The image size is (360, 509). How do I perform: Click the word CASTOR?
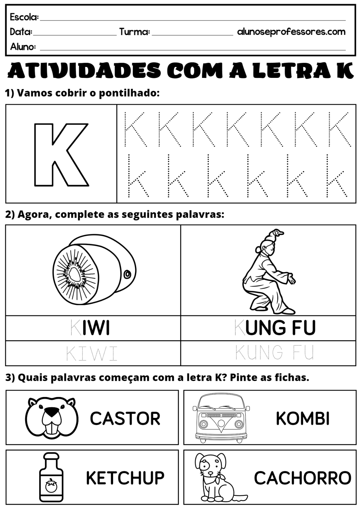[125, 418]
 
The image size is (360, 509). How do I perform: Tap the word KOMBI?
[303, 418]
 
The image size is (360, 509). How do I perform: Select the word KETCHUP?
[125, 478]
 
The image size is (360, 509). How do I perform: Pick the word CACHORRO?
[302, 478]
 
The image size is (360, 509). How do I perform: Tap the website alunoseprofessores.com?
[291, 32]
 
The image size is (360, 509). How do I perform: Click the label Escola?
[24, 17]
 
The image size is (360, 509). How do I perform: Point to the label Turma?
[135, 32]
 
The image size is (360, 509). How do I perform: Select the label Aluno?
[23, 47]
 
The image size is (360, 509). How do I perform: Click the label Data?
[21, 32]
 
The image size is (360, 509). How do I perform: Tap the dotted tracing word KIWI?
[92, 354]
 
